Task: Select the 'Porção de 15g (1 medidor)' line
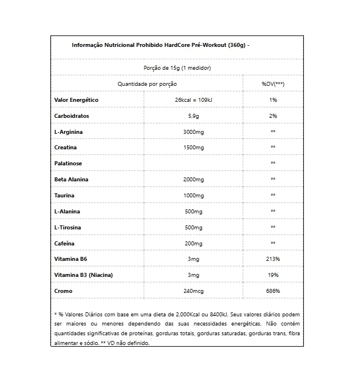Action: [x=177, y=68]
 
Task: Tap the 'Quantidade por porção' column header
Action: [x=148, y=84]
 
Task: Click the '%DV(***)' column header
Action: [x=273, y=84]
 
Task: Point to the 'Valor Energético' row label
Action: [x=76, y=100]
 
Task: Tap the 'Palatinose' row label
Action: [x=69, y=163]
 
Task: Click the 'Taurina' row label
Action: [x=65, y=195]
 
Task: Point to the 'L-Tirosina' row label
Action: [x=68, y=227]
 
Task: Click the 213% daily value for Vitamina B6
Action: [x=273, y=259]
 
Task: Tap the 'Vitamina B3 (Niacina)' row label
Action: [x=84, y=275]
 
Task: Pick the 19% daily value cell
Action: [x=273, y=275]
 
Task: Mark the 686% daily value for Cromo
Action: [x=273, y=291]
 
